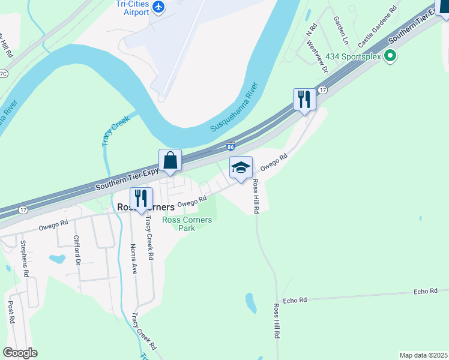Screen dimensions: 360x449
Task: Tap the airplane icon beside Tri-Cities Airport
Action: click(x=158, y=7)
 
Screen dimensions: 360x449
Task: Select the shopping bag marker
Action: click(x=170, y=161)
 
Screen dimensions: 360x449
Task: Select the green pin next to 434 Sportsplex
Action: click(x=390, y=57)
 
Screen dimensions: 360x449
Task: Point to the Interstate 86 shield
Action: click(x=231, y=146)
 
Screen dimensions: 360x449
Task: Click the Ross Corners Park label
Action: click(x=187, y=224)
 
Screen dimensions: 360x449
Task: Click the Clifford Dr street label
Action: click(x=77, y=250)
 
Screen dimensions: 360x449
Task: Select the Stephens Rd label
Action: click(x=25, y=259)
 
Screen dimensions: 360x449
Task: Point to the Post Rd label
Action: click(x=11, y=312)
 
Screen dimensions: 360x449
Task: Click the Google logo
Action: click(x=20, y=353)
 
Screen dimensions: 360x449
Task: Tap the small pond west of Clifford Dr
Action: click(x=56, y=259)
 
